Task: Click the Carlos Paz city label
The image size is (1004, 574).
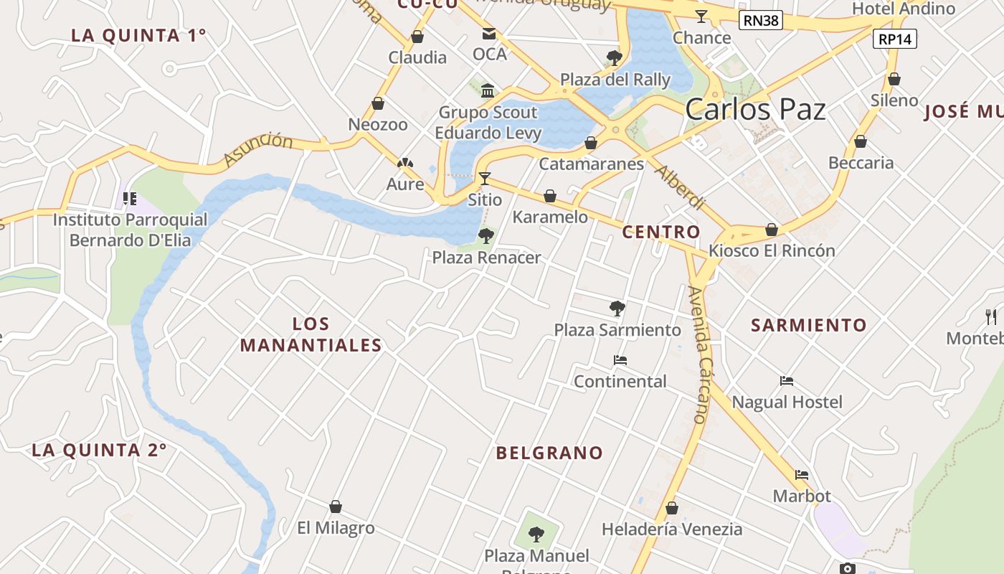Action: pos(755,109)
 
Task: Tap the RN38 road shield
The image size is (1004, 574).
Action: pos(761,20)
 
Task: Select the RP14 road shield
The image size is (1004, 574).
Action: pos(895,39)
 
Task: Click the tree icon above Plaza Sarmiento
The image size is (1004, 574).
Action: pos(617,309)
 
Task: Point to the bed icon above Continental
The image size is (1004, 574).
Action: pos(620,360)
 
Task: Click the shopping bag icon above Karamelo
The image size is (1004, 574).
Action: pos(550,196)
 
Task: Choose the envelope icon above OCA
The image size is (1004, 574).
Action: pos(489,34)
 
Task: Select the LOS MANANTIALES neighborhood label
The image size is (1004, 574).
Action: pos(311,334)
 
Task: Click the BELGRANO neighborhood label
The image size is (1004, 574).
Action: pos(550,453)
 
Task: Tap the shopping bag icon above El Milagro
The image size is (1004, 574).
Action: pos(335,507)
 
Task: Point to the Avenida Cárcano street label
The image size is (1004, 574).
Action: pos(697,355)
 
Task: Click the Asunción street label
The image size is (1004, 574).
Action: pos(258,149)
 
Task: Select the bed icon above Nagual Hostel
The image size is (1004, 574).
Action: pos(787,381)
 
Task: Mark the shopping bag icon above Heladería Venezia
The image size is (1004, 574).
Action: pos(671,509)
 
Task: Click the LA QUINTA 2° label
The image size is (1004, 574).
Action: pos(99,450)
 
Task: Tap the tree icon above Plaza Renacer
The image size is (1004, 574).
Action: pos(486,235)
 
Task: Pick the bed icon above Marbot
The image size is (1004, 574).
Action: pos(802,475)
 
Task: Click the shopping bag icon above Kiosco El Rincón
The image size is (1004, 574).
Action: pos(772,230)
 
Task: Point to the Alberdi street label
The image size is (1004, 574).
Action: pos(680,187)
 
